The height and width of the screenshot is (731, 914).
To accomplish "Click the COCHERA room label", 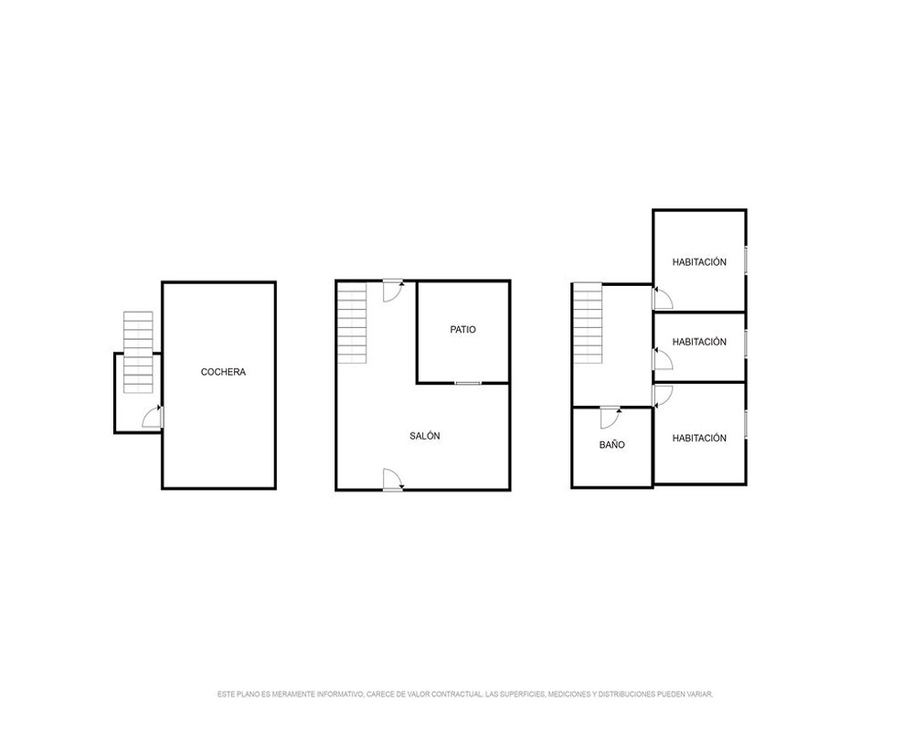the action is [223, 372].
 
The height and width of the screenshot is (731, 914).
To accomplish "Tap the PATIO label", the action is [462, 329].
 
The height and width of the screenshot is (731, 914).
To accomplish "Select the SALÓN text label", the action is [424, 436].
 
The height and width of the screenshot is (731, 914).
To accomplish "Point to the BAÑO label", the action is [612, 445].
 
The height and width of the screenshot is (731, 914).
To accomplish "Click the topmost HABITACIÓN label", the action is [699, 262].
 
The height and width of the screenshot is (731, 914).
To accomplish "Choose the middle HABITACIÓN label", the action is [699, 342].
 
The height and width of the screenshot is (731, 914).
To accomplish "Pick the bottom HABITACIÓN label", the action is [699, 439].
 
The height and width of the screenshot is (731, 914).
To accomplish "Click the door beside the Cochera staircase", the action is [153, 417].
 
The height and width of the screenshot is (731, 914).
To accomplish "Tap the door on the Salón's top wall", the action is [393, 291].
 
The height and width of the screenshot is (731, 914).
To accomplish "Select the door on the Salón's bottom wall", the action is [393, 480].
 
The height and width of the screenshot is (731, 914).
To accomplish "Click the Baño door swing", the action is [611, 418].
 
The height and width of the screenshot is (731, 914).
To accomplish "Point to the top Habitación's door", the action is [662, 298].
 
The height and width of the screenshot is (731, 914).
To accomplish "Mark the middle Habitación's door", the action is [662, 359].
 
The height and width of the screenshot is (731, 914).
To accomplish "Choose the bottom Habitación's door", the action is [662, 397].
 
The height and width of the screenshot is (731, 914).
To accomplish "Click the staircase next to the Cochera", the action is [138, 352].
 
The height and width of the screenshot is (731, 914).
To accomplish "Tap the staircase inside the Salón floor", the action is [352, 323].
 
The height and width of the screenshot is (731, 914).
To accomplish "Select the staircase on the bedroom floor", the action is [588, 323].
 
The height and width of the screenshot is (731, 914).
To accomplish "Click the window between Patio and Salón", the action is [468, 383].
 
